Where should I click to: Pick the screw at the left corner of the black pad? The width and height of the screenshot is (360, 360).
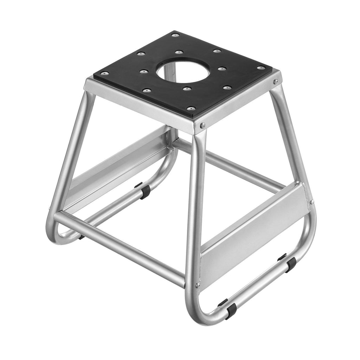point(104,73)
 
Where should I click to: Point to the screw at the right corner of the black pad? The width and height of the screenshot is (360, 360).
point(261,68)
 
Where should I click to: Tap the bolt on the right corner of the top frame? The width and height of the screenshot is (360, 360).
point(276,81)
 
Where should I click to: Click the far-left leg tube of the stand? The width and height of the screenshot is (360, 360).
point(70,155)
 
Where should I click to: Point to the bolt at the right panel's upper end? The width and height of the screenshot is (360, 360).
point(311,202)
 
